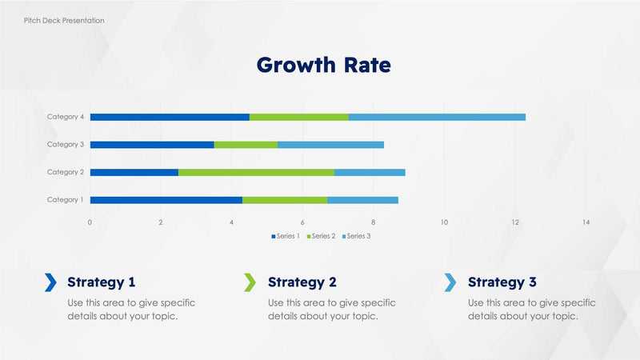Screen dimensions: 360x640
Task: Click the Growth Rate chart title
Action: pos(323,65)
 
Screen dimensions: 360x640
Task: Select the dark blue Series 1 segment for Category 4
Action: pos(170,117)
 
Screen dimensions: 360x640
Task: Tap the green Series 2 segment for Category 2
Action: pos(256,172)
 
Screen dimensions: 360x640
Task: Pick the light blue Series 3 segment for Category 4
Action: pos(437,117)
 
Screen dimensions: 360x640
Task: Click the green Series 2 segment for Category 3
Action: pos(246,145)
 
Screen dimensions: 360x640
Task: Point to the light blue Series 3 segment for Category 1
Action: pos(362,200)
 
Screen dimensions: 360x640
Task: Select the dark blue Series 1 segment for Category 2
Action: pos(134,172)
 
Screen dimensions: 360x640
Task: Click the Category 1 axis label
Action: pos(65,200)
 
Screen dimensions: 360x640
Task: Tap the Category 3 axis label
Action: pos(65,145)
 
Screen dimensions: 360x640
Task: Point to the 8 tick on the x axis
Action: pos(374,222)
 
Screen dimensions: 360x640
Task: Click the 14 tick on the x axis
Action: pos(586,222)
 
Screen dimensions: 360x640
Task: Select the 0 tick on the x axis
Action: pos(90,222)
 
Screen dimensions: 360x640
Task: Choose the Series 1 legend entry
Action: pos(286,236)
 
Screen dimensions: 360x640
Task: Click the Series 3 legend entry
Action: pos(356,236)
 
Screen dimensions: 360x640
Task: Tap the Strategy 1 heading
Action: pos(102,282)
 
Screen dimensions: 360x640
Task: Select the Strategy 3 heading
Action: pos(502,282)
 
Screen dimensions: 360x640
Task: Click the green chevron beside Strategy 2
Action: pos(250,282)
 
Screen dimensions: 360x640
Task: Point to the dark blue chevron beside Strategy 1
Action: pos(50,282)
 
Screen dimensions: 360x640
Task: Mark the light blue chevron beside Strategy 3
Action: pos(450,282)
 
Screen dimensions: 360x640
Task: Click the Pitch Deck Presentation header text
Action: pos(63,20)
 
